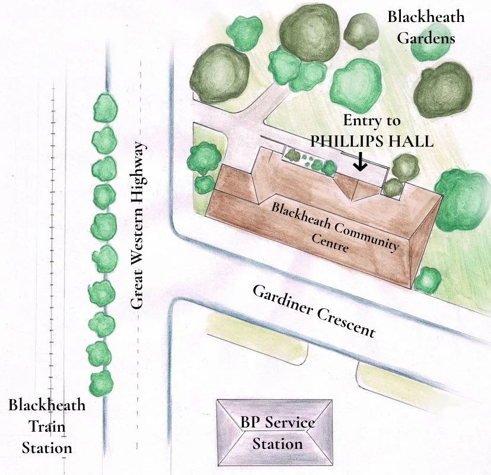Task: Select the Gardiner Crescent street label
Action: point(314,311)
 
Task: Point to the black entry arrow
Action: point(359,161)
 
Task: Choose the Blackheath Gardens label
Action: point(426,27)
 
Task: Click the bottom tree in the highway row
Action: point(101,382)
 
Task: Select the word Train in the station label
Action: point(47,426)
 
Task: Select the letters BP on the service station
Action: point(250,423)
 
